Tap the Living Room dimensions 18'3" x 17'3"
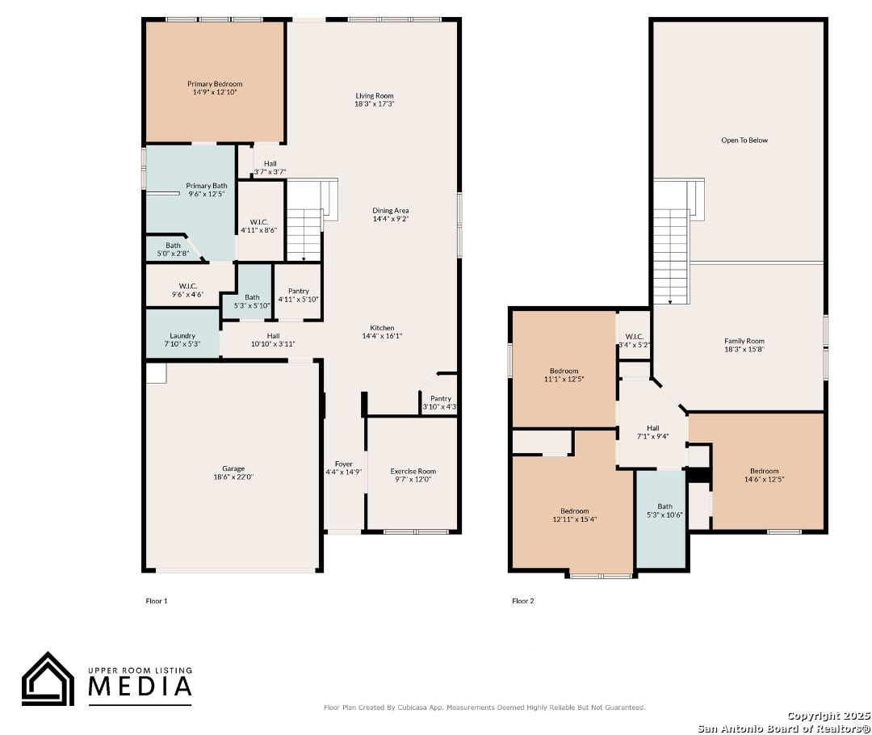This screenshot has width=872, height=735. tap(375, 103)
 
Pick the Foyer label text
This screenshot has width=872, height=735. tap(344, 464)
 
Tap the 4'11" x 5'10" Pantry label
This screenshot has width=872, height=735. tap(299, 295)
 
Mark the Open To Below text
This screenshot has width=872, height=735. tap(744, 141)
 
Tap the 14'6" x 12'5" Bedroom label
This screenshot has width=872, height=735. tap(764, 475)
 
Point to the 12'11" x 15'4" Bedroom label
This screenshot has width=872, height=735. tap(575, 515)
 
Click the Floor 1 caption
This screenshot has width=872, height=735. tap(157, 601)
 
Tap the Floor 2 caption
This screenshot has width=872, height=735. tap(522, 601)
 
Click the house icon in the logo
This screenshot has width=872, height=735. tap(48, 678)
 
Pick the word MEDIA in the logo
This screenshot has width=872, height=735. tap(140, 686)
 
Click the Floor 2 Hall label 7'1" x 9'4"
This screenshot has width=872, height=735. tap(653, 432)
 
